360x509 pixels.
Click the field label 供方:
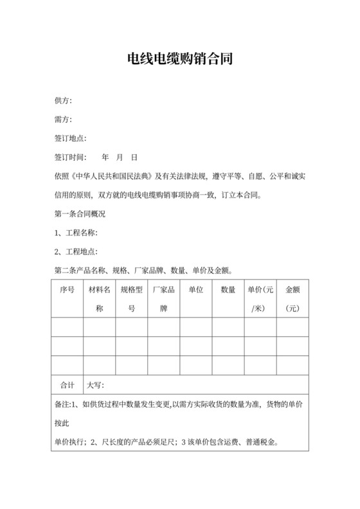tap(63, 101)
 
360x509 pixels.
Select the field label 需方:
tap(63, 120)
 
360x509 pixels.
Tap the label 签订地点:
tap(71, 138)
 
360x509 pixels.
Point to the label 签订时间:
tap(71, 157)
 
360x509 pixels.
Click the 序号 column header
tap(67, 290)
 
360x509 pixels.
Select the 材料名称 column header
tap(100, 299)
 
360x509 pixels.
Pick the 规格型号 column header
tap(132, 299)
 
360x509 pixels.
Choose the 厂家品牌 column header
tap(164, 299)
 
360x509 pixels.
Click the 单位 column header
tap(196, 290)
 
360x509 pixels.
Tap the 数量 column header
tap(228, 290)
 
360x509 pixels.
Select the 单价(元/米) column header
tap(260, 299)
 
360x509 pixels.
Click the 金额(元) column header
tap(293, 299)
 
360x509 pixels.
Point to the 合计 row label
tap(67, 385)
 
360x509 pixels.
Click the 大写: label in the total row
tap(96, 385)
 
